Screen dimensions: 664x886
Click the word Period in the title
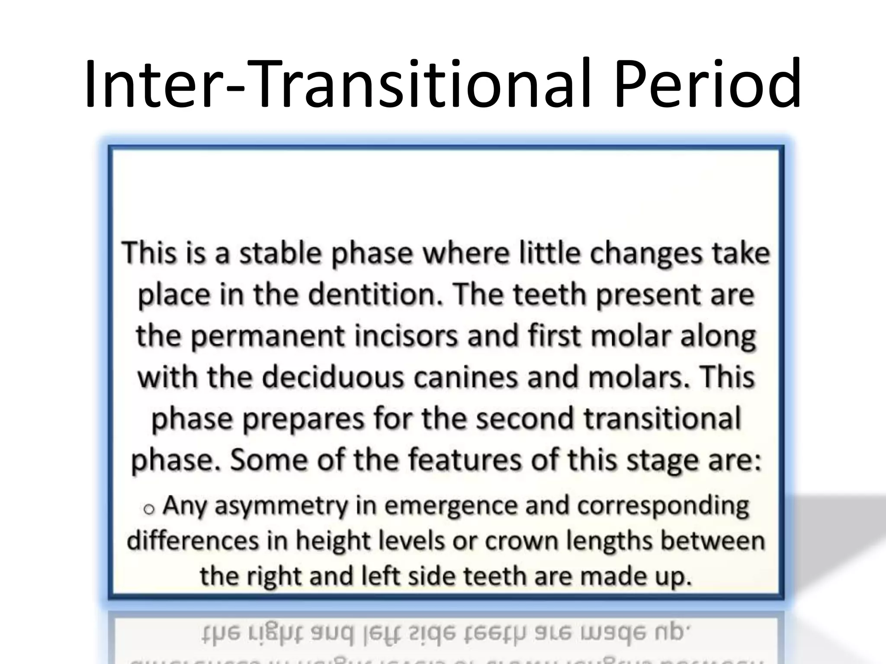pyautogui.click(x=707, y=84)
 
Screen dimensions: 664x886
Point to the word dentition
pyautogui.click(x=374, y=295)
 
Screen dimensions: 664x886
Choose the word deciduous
pyautogui.click(x=333, y=377)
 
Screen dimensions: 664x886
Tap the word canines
pyautogui.click(x=465, y=377)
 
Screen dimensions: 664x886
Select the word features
pyautogui.click(x=465, y=460)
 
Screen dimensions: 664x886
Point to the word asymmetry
pyautogui.click(x=281, y=506)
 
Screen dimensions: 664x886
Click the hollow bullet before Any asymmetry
pyautogui.click(x=149, y=509)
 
